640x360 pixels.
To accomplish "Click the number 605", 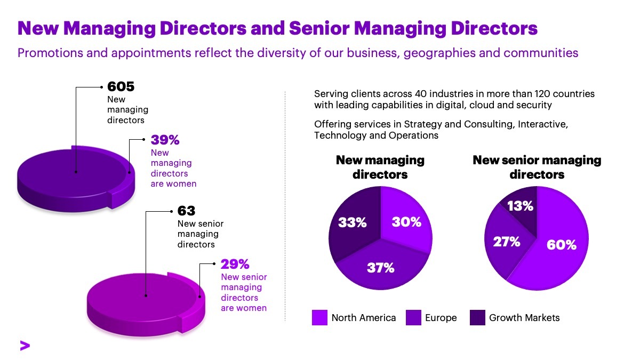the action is point(121,86).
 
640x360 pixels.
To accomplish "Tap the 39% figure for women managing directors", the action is point(165,140).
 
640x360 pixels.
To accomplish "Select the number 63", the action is point(186,211).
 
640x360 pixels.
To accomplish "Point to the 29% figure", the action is point(235,264).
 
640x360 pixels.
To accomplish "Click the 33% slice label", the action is point(353,222).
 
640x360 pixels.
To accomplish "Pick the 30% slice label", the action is point(406,222).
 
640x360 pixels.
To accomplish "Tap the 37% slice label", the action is point(381,268).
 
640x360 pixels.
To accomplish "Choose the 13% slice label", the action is point(520,206).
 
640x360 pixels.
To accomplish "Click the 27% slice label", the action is point(507,242).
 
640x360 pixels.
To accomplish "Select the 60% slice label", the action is point(562,245).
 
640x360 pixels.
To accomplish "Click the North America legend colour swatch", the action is point(319,317).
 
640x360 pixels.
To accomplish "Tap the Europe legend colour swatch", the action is point(413,317).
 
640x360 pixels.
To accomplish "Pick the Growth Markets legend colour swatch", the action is point(477,317).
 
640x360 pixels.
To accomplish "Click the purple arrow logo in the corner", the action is point(25,346).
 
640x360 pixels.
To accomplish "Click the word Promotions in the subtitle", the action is point(50,53).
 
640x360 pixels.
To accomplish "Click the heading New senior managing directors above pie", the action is point(537,167).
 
